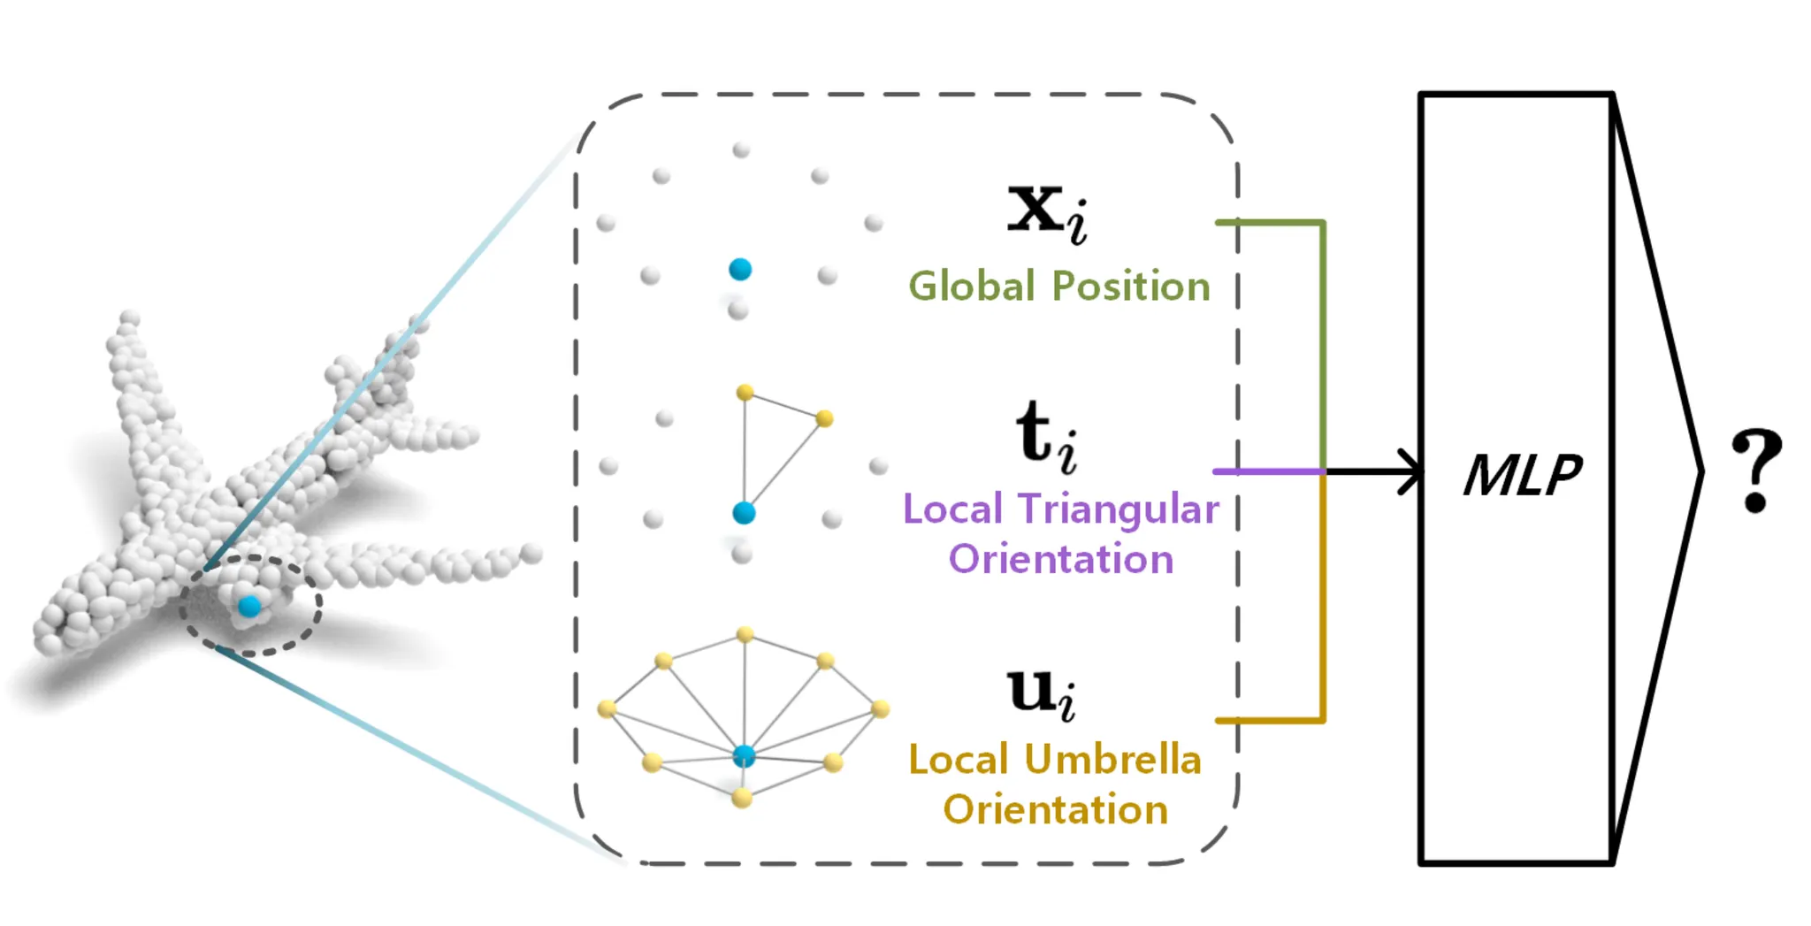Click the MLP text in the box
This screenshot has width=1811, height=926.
1522,475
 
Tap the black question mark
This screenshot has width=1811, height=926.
1756,470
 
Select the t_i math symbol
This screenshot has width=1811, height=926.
1046,436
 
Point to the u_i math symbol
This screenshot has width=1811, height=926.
1042,694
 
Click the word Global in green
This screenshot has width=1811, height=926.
971,287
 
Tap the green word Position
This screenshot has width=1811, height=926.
1131,287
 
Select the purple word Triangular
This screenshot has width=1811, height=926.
1118,509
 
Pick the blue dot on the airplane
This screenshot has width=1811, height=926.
249,606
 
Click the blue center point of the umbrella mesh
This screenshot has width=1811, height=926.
745,755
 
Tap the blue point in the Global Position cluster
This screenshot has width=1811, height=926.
740,269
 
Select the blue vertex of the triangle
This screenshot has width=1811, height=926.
744,512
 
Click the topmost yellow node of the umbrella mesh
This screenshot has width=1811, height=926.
745,634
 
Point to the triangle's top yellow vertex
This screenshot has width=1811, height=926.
745,392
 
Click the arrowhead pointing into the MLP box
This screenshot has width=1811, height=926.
1410,471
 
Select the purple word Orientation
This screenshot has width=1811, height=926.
1061,560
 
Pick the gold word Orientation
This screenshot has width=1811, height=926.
1055,810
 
